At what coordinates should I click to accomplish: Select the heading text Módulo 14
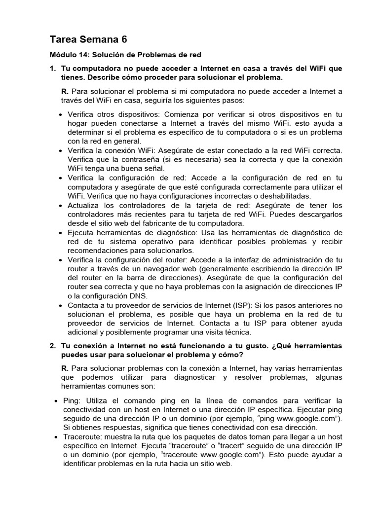click(71, 55)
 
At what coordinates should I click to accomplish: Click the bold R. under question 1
click(64, 91)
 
